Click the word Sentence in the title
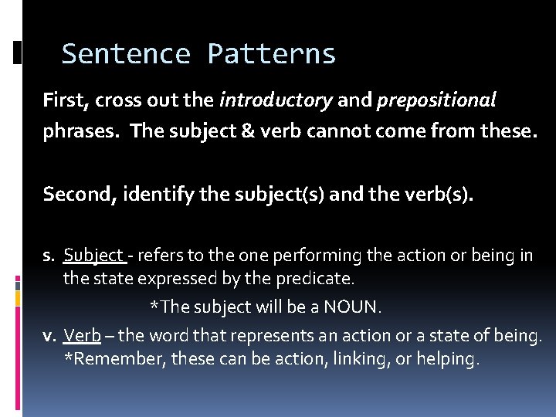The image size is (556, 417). coord(126,54)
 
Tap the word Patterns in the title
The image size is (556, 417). coord(271,54)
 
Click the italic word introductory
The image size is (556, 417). coord(276,100)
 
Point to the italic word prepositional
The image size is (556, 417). coord(436,100)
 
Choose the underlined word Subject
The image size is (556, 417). coord(93,255)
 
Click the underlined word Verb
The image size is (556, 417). coord(82,336)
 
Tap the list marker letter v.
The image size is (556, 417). coord(49,336)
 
